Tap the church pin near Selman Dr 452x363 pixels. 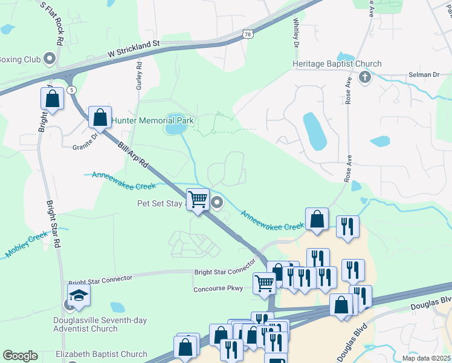(364, 77)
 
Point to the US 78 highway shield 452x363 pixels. (248, 34)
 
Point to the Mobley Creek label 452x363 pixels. (27, 244)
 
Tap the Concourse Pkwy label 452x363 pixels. (218, 289)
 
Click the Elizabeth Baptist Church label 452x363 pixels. (101, 354)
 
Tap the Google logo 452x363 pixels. (20, 355)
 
